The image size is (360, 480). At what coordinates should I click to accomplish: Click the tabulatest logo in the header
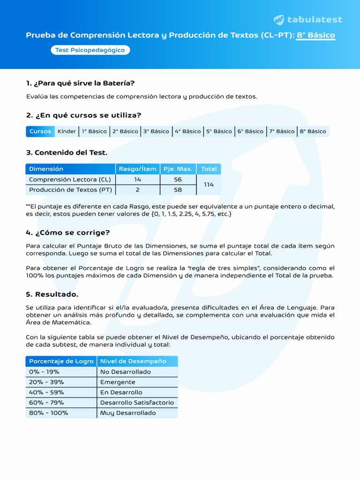308,20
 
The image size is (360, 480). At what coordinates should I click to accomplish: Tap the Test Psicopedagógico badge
90,50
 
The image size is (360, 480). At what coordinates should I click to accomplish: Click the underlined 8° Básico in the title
315,35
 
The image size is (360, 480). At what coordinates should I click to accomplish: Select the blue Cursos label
40,131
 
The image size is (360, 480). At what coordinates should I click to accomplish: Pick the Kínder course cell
67,131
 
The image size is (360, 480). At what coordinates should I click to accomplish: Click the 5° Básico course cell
219,131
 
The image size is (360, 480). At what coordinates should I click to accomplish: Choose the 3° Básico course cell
156,131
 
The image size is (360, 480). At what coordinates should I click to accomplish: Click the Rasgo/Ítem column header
137,169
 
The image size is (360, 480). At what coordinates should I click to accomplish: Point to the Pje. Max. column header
178,169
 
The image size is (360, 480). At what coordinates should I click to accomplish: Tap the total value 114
209,185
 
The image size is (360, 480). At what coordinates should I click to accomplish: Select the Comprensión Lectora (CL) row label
70,180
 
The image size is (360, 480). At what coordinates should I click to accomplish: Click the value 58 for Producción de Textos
178,190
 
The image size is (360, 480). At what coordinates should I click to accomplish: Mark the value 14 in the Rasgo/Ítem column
137,180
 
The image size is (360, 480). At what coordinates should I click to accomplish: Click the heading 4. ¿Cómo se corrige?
68,232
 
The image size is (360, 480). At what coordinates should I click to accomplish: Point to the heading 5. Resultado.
52,294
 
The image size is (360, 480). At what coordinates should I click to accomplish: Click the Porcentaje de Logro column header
61,361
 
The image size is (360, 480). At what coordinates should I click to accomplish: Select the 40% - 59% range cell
46,392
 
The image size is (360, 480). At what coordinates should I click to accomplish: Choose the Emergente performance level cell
118,382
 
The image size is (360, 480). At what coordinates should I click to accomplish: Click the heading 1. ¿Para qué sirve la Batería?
80,83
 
